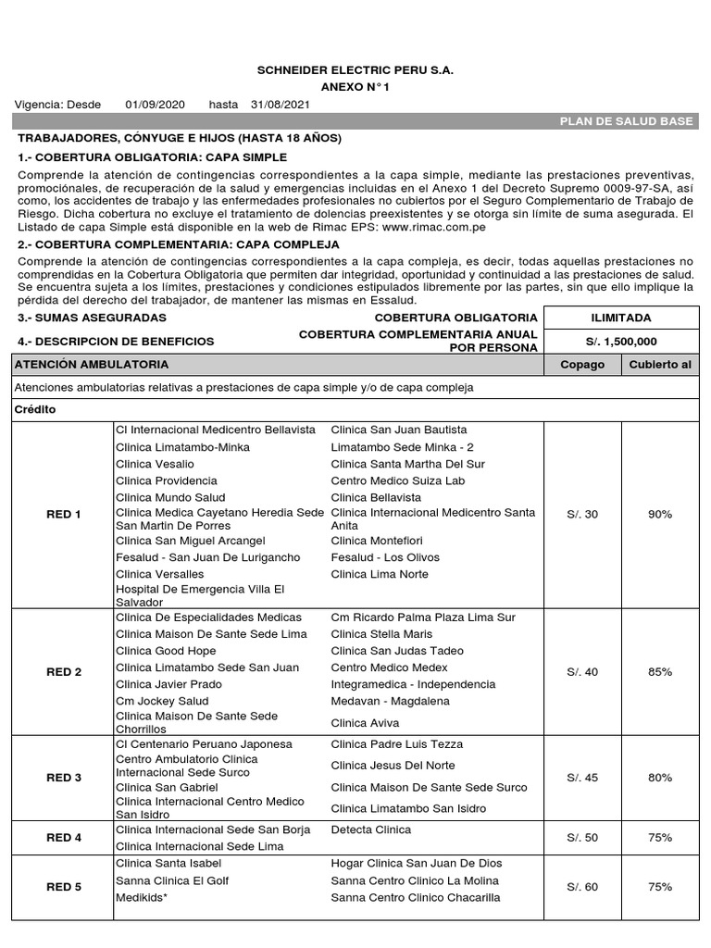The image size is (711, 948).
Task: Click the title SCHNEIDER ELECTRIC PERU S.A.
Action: click(x=355, y=70)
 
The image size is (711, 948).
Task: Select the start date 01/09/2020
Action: click(x=156, y=104)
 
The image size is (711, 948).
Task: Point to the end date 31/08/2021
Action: click(x=278, y=104)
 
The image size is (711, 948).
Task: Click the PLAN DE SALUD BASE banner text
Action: click(x=627, y=121)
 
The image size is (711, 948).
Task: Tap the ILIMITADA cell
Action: click(x=620, y=318)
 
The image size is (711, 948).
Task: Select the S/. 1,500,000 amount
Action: click(x=620, y=341)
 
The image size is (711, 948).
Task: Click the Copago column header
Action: click(x=582, y=364)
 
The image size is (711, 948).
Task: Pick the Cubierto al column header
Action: click(x=659, y=364)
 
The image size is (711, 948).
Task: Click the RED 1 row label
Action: click(x=64, y=514)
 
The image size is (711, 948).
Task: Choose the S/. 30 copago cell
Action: click(x=582, y=514)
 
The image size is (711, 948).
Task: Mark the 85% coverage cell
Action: click(x=659, y=671)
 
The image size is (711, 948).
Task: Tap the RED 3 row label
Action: click(x=64, y=778)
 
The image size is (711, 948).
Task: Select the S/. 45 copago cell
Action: click(x=582, y=778)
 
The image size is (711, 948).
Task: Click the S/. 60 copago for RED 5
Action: click(x=582, y=887)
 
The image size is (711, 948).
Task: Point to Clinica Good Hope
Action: click(x=166, y=651)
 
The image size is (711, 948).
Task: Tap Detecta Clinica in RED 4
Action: click(x=370, y=829)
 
